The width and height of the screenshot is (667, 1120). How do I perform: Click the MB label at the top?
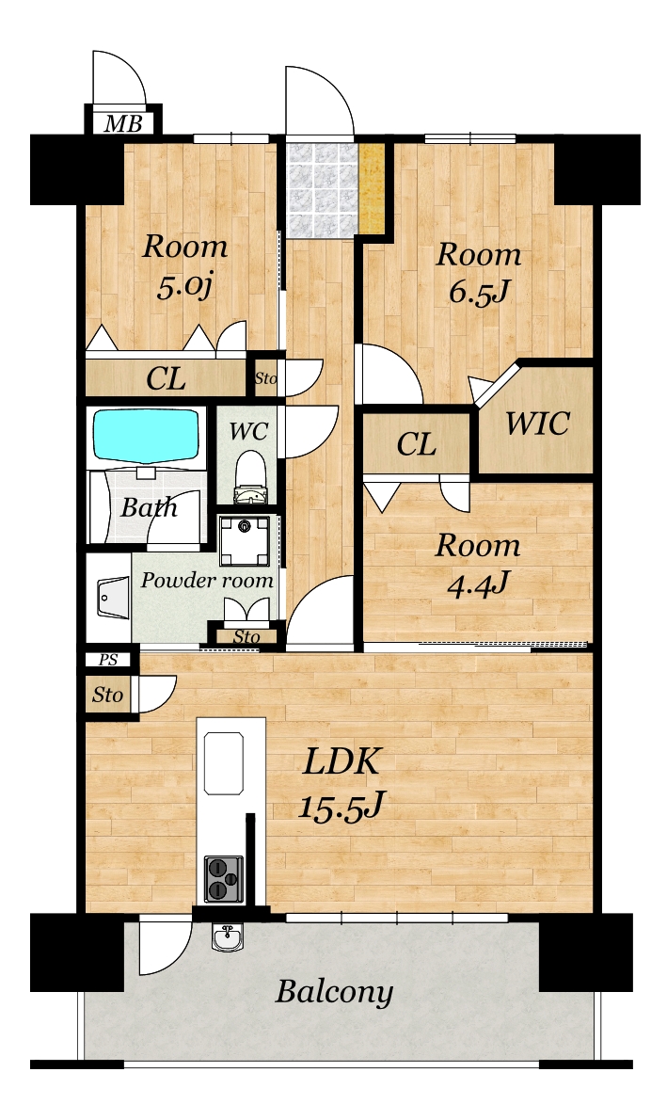point(123,123)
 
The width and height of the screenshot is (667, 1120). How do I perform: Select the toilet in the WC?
point(250,477)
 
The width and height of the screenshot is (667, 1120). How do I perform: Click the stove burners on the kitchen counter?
point(224,878)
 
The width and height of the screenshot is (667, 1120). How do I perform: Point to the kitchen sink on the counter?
point(224,763)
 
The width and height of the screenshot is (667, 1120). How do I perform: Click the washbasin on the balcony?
point(227,936)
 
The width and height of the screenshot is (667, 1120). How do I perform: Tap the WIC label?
point(537,423)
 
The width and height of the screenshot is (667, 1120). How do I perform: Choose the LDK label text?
point(341,761)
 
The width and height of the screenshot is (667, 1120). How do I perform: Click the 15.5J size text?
point(341,808)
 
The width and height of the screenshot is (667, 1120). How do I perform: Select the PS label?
point(108,660)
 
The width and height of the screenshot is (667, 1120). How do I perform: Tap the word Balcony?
point(334,992)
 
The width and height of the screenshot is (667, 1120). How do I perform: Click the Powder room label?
point(207,580)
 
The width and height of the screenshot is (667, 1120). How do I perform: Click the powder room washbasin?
point(112,598)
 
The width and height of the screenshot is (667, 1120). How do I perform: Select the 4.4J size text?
point(478,584)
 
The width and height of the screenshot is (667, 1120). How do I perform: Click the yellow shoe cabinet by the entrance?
point(372,188)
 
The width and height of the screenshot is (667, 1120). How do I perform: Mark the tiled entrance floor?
point(322,189)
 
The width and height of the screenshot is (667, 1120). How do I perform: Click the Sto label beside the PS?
point(107,695)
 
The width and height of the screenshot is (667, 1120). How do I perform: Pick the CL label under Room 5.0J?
point(166,379)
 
